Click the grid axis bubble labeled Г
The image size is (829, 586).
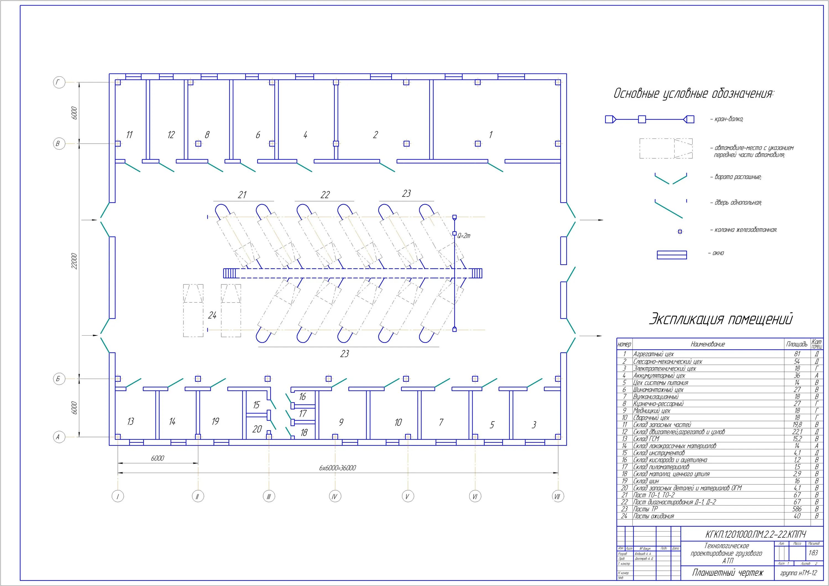59,83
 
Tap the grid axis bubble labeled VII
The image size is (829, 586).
557,497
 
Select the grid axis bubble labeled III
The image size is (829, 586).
269,497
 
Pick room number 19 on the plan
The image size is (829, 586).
215,421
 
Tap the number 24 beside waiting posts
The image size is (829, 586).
212,315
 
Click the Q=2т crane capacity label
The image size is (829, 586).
464,236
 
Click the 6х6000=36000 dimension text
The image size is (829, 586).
337,468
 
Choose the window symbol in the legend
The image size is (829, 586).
671,255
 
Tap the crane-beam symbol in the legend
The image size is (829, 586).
649,119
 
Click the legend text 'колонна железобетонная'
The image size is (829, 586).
746,230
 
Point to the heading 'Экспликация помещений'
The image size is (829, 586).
721,319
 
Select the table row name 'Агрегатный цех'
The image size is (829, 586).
653,354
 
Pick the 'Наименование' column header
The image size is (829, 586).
707,344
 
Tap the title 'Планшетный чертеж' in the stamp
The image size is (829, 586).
728,573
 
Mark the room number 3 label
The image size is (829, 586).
534,425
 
